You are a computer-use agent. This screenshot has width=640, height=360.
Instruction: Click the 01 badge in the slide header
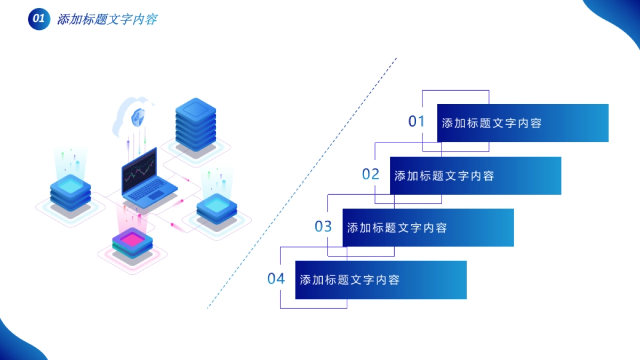[38, 19]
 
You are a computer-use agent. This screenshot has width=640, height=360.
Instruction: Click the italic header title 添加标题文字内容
[107, 20]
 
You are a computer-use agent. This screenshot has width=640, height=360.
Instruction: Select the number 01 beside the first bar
[417, 122]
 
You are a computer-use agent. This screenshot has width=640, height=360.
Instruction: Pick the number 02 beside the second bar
[371, 174]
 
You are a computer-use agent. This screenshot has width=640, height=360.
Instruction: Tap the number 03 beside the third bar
[323, 227]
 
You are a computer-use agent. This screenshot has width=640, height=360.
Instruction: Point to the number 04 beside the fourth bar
[276, 278]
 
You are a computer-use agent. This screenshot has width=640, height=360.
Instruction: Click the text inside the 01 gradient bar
[491, 123]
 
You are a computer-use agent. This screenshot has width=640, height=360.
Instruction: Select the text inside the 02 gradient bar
[444, 175]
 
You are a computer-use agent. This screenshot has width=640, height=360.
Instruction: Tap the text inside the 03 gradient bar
[397, 228]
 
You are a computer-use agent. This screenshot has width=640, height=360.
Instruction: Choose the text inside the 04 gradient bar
[349, 280]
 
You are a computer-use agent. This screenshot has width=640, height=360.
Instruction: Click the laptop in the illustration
[147, 179]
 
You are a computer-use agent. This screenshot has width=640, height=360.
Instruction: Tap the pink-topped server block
[132, 243]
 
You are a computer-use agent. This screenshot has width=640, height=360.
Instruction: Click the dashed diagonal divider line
[301, 184]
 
